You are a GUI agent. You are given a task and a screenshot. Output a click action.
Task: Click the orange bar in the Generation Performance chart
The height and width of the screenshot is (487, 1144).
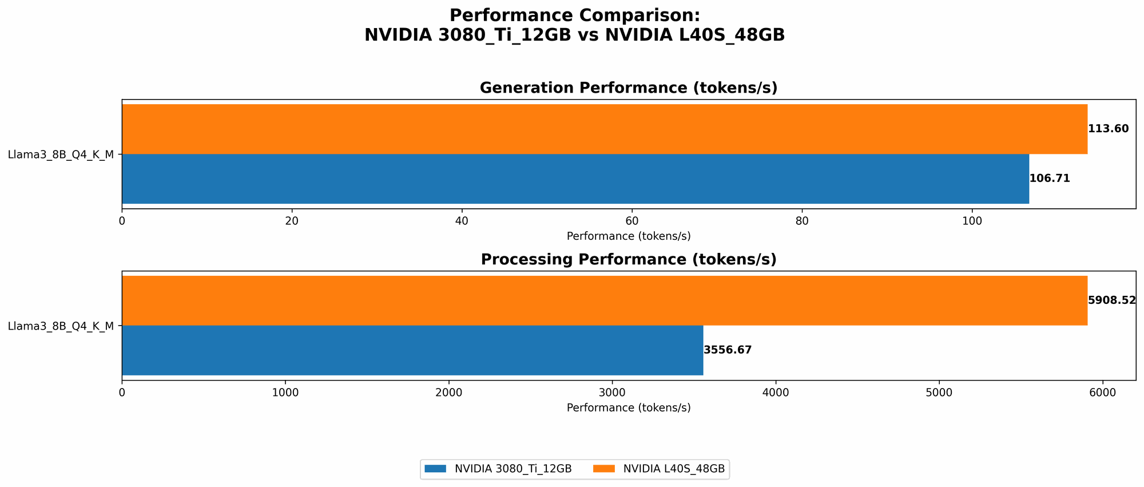[x=604, y=129]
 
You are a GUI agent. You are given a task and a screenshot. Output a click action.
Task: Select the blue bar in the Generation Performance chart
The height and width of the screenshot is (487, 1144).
[x=575, y=179]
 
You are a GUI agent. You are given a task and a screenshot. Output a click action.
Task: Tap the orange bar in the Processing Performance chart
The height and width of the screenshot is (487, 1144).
[x=604, y=300]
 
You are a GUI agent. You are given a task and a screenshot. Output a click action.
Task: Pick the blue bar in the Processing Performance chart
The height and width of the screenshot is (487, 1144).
[x=412, y=350]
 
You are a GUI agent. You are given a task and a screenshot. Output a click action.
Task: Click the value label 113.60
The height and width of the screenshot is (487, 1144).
[x=1108, y=129]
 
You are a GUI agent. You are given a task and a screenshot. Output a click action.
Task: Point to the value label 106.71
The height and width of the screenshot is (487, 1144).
[x=1049, y=179]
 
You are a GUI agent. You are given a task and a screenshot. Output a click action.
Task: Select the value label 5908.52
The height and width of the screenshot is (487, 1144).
[x=1111, y=300]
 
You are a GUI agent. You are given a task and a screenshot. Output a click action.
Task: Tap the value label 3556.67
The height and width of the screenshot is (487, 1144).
[x=727, y=350]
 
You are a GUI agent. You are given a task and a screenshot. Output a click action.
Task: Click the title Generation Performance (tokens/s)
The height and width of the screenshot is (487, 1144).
[x=628, y=88]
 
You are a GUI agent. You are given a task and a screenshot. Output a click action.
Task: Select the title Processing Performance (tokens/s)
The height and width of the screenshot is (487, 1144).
[x=628, y=260]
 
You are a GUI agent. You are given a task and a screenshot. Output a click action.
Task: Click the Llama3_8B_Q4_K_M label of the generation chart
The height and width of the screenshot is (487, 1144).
[x=61, y=154]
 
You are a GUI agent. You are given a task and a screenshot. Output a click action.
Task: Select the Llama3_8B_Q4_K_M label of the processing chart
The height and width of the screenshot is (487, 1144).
[x=61, y=326]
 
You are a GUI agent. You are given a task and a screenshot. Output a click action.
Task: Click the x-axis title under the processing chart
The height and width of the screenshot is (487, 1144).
[x=628, y=408]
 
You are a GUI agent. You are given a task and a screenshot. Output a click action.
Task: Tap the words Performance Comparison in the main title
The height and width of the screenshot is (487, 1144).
[x=574, y=15]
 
